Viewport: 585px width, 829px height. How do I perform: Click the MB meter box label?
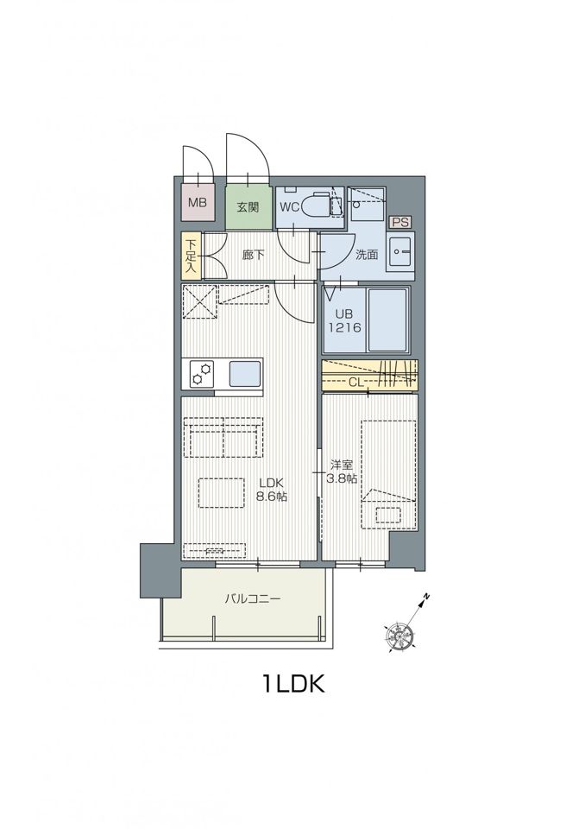pos(198,202)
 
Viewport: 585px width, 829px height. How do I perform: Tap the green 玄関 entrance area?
pos(248,206)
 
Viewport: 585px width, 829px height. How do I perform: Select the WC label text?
pos(289,207)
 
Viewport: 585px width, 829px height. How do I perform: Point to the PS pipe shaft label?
pos(400,222)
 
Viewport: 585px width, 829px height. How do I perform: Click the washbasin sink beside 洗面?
pos(400,252)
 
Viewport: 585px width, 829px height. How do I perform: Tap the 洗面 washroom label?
pos(366,255)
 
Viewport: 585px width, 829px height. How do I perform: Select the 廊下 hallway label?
pos(253,256)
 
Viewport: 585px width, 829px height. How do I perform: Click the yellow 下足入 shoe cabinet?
pos(190,256)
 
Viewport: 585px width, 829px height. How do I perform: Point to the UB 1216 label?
pos(345,321)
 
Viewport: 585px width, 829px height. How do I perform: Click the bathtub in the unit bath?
pos(387,320)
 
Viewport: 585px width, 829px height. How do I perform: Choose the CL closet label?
pos(355,382)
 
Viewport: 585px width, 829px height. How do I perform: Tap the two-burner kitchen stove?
pos(203,373)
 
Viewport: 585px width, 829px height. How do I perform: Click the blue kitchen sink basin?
pos(245,374)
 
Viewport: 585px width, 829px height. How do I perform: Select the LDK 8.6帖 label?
pos(272,489)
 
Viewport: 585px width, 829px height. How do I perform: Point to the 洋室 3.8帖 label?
pos(342,471)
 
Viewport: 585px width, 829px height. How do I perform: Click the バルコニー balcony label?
pos(253,599)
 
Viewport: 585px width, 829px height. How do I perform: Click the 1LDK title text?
pos(292,684)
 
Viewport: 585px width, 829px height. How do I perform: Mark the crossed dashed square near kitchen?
pos(200,302)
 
